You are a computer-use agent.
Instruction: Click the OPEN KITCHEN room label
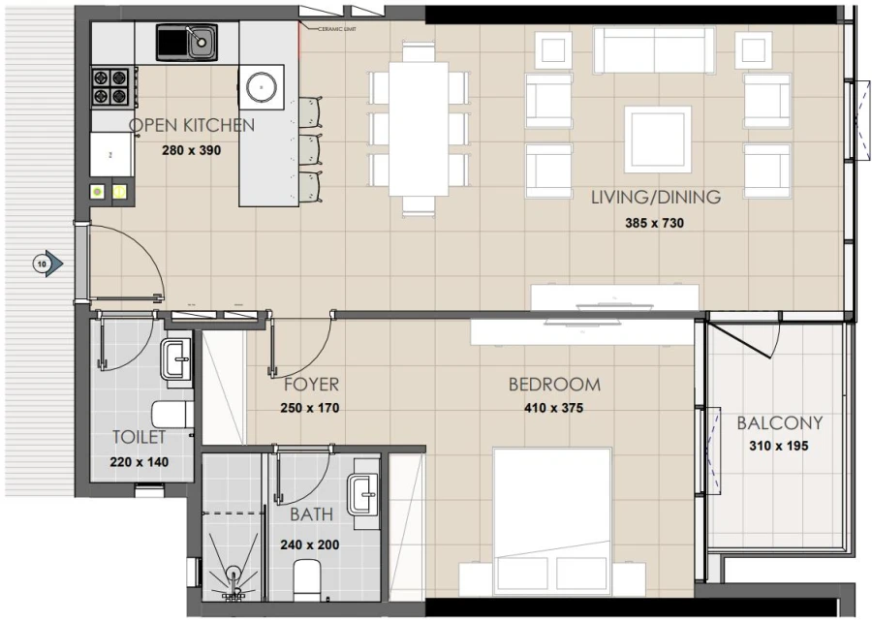point(192,125)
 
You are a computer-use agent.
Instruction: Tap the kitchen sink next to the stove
point(187,42)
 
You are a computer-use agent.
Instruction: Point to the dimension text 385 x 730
point(656,222)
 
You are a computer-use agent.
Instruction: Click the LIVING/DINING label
point(656,198)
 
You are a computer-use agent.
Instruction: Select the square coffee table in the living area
point(658,139)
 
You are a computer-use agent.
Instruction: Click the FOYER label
point(310,385)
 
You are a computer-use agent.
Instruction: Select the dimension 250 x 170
point(310,408)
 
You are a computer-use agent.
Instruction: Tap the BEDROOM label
point(554,385)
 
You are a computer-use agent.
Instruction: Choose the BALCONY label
point(779,423)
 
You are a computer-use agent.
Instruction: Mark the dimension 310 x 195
point(779,447)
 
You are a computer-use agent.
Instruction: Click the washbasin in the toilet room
point(177,359)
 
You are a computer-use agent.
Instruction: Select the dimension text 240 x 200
point(310,544)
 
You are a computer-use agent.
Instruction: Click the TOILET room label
point(140,437)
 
